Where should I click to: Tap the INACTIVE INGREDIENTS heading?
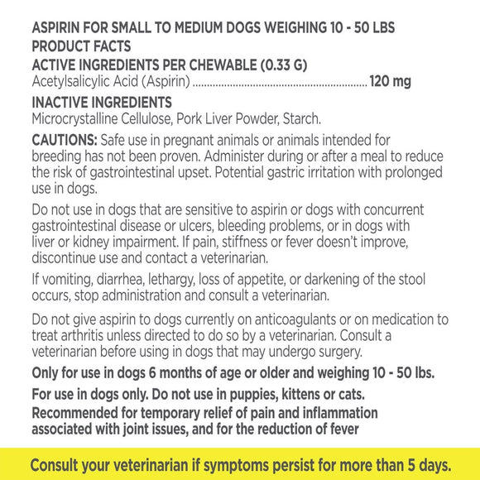(102, 103)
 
